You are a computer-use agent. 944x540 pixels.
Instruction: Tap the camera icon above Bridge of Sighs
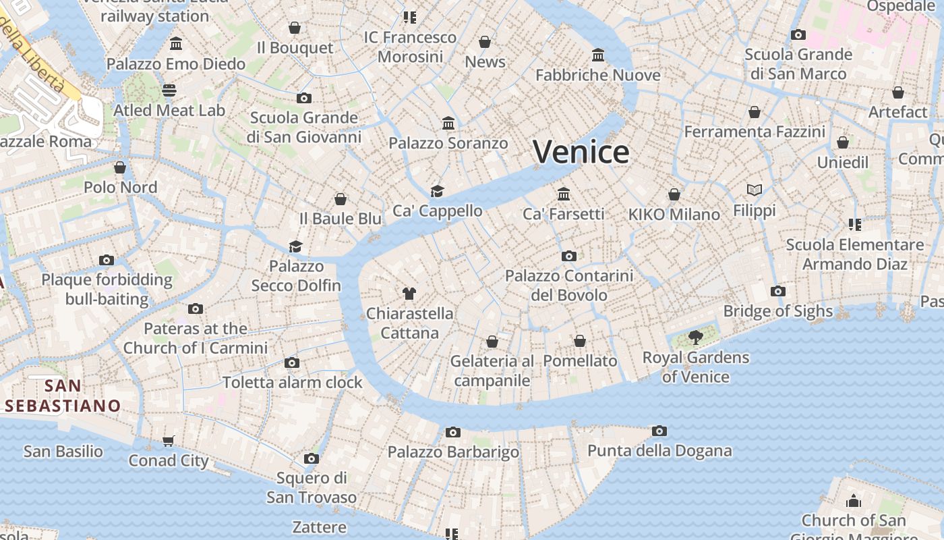[x=778, y=291]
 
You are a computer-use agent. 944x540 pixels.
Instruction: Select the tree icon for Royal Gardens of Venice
[x=695, y=337]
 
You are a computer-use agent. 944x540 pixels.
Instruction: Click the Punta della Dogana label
[x=659, y=450]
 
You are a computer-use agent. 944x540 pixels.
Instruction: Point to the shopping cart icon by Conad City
[x=168, y=441]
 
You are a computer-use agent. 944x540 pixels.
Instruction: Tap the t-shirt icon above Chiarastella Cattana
[x=409, y=293]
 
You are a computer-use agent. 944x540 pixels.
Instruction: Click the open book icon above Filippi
[x=755, y=190]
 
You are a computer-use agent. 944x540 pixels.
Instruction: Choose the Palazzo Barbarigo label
[x=453, y=452]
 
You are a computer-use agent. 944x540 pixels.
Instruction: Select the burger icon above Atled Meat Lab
[x=169, y=90]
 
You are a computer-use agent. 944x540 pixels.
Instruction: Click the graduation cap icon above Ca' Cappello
[x=438, y=191]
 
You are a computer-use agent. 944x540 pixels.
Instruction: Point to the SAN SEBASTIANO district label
[x=63, y=396]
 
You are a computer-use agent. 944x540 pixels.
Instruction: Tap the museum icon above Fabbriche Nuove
[x=598, y=55]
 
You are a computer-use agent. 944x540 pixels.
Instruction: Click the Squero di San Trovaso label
[x=312, y=487]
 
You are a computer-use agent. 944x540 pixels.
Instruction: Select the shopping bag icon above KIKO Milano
[x=674, y=194]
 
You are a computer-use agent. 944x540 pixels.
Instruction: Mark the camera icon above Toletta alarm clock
[x=292, y=362]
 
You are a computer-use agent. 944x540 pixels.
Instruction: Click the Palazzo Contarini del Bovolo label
[x=569, y=285]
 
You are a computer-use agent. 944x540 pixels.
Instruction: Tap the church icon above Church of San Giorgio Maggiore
[x=854, y=501]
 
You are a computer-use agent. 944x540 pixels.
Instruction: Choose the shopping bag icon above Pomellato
[x=580, y=341]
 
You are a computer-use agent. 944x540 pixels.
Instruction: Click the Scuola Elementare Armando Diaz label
[x=854, y=254]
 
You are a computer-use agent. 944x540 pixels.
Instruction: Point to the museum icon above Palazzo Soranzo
[x=448, y=123]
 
